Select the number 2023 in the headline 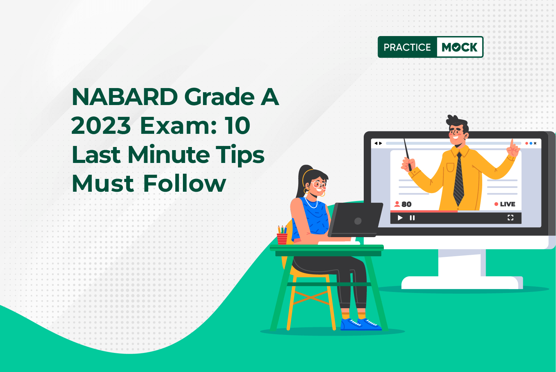(x=101, y=126)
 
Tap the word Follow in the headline (x=185, y=183)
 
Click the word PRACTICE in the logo (x=407, y=47)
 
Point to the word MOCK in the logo (x=459, y=47)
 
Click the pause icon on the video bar (x=412, y=218)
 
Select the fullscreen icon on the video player (x=510, y=218)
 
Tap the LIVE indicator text (x=508, y=204)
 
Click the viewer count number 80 (x=406, y=204)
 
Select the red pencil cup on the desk (x=282, y=239)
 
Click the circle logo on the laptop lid (x=358, y=221)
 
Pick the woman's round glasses (x=319, y=185)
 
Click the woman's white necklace (x=311, y=204)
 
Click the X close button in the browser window (x=535, y=143)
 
